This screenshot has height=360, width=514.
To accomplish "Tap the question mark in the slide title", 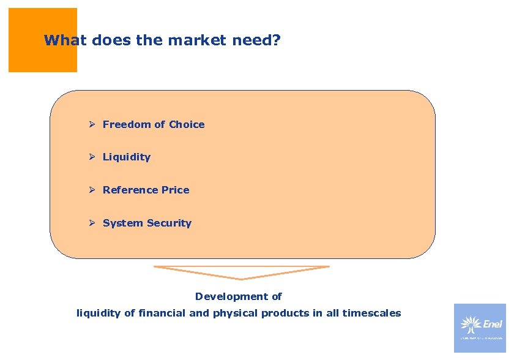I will pyautogui.click(x=276, y=41).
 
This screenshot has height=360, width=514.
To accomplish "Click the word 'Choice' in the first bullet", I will pyautogui.click(x=187, y=124).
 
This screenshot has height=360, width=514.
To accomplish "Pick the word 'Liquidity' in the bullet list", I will pyautogui.click(x=127, y=157).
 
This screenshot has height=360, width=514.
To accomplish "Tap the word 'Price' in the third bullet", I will pyautogui.click(x=176, y=190).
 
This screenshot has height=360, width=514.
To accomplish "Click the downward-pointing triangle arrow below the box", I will pyautogui.click(x=242, y=272).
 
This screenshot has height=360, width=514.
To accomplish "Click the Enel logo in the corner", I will pyautogui.click(x=480, y=328).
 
